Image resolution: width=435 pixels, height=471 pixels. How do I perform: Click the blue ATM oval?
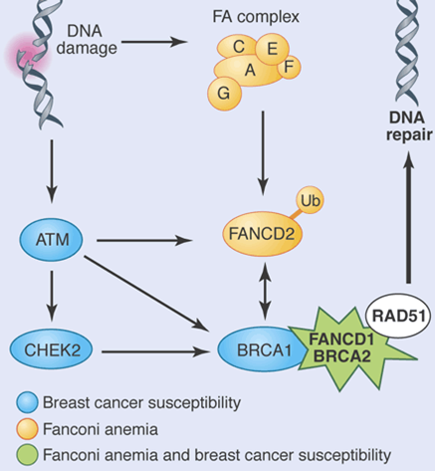pyautogui.click(x=51, y=239)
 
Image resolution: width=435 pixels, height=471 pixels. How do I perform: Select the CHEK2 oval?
pyautogui.click(x=52, y=350)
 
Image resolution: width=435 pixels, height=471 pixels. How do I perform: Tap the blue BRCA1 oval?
pyautogui.click(x=262, y=350)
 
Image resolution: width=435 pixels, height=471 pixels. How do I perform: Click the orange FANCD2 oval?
pyautogui.click(x=262, y=234)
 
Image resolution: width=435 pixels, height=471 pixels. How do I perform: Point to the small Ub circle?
pyautogui.click(x=310, y=200)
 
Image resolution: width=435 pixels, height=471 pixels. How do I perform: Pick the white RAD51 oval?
pyautogui.click(x=398, y=316)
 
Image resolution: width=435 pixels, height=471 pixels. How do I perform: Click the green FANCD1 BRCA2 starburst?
pyautogui.click(x=345, y=349)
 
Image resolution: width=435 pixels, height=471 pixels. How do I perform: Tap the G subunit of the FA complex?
pyautogui.click(x=224, y=94)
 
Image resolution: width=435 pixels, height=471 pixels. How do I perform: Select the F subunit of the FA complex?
pyautogui.click(x=289, y=67)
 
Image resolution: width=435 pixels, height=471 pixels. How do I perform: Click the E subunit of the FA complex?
pyautogui.click(x=273, y=49)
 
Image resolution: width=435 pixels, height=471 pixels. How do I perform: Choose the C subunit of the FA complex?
pyautogui.click(x=237, y=47)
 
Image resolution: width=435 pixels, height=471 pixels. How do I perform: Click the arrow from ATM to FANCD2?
pyautogui.click(x=144, y=240)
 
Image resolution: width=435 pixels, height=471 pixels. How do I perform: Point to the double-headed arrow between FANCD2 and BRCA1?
pyautogui.click(x=265, y=291)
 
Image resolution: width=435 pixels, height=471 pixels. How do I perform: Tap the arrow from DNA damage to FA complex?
pyautogui.click(x=154, y=42)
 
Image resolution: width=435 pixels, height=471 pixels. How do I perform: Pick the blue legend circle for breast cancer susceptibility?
pyautogui.click(x=27, y=402)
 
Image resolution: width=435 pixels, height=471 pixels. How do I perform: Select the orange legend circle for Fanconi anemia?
pyautogui.click(x=27, y=429)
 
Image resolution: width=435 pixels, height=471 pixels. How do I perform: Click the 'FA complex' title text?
pyautogui.click(x=256, y=17)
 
